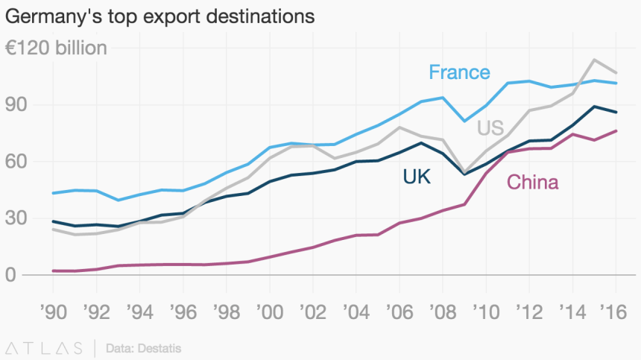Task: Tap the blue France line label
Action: pos(459,72)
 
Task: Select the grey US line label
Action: pos(490,128)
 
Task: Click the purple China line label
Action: pos(532,182)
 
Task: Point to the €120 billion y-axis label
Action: pos(56,48)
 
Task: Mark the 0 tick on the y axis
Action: pos(10,275)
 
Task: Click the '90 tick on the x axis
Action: pos(52,308)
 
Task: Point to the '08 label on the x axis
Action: pos(442,308)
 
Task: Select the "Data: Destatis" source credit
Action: pos(144,348)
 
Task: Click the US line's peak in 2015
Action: pos(594,60)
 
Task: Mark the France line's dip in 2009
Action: pos(464,121)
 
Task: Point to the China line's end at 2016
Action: pos(616,131)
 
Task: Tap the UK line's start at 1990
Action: pos(52,221)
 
